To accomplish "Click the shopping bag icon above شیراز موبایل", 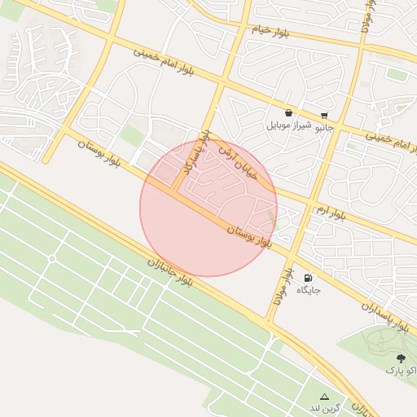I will click(x=289, y=113).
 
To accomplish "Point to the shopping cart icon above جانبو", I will click(x=324, y=115).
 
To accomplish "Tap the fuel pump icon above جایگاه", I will click(x=308, y=277).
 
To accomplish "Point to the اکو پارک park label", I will click(x=401, y=371).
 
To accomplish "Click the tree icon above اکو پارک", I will click(x=400, y=358).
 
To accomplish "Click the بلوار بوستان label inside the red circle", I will click(x=259, y=239).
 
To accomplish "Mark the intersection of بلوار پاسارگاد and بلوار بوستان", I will click(x=175, y=193).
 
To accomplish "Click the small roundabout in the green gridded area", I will click(x=52, y=258).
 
